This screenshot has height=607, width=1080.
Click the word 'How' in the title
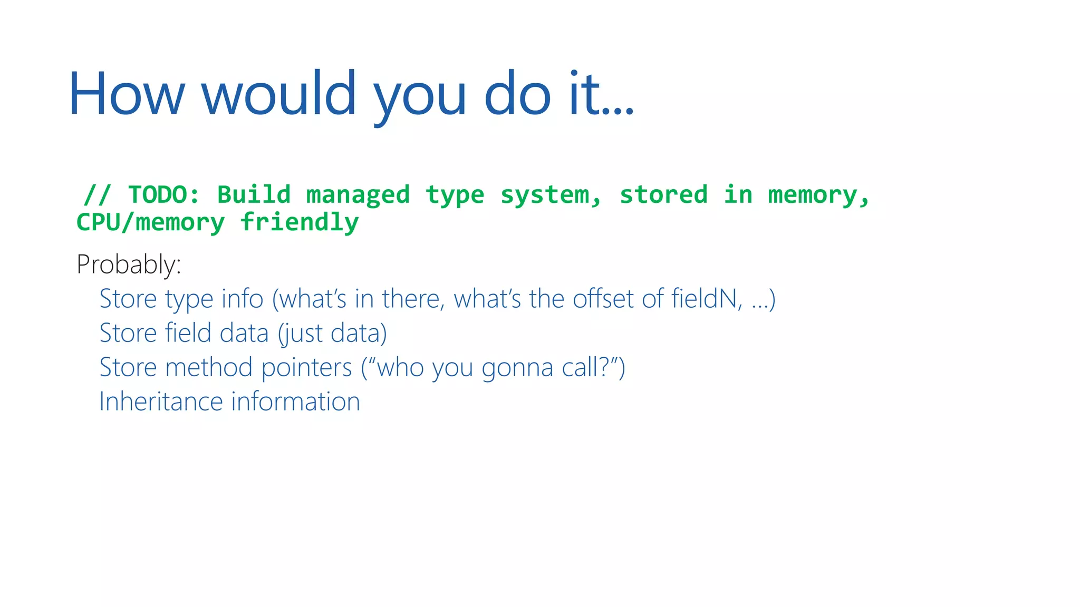[127, 94]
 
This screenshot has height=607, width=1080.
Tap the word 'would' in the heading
[279, 94]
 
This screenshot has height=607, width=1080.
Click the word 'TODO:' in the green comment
[164, 195]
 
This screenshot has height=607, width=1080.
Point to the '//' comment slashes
[98, 195]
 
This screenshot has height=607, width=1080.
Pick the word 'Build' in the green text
[254, 195]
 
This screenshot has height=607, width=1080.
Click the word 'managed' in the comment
[358, 195]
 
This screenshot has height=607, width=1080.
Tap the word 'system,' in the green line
[551, 195]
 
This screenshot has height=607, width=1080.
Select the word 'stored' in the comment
[663, 195]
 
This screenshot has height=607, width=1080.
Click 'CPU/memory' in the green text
[150, 222]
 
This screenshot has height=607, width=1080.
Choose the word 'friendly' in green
[299, 222]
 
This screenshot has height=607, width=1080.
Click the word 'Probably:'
[129, 264]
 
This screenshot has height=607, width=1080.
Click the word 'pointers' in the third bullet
[306, 368]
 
